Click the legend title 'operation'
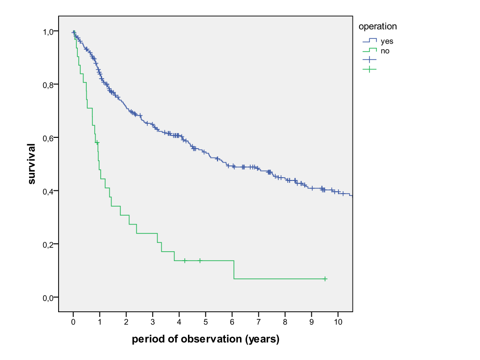[377, 27]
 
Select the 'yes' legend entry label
[387, 41]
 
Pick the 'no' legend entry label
[385, 51]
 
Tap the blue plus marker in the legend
[369, 60]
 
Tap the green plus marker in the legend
[369, 69]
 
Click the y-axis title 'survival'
[31, 164]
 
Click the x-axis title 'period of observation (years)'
[206, 339]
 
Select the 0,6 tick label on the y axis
[48, 138]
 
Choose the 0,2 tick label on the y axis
[48, 245]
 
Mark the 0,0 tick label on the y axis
[48, 298]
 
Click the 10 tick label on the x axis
[338, 322]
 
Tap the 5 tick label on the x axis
[206, 322]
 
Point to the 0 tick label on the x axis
[73, 322]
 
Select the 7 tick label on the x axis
[259, 322]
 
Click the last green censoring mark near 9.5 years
[325, 279]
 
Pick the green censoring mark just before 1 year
[97, 142]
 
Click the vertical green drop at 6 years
[234, 270]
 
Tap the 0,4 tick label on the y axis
[48, 191]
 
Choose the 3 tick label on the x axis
[153, 322]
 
